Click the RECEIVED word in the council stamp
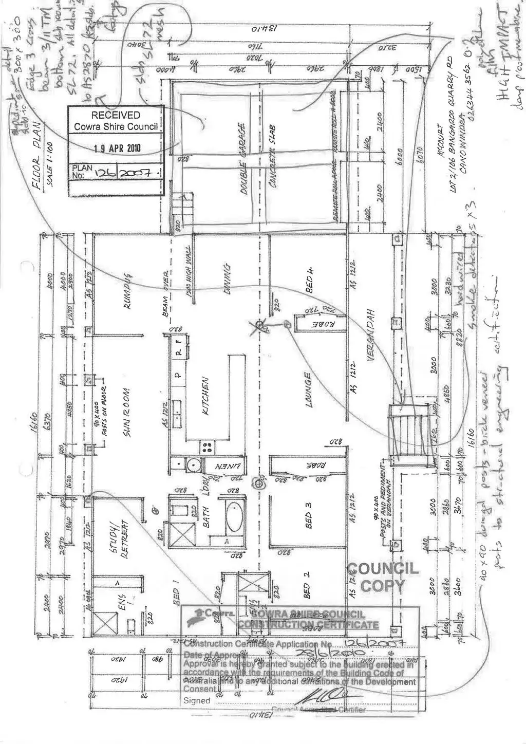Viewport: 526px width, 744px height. [x=115, y=115]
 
